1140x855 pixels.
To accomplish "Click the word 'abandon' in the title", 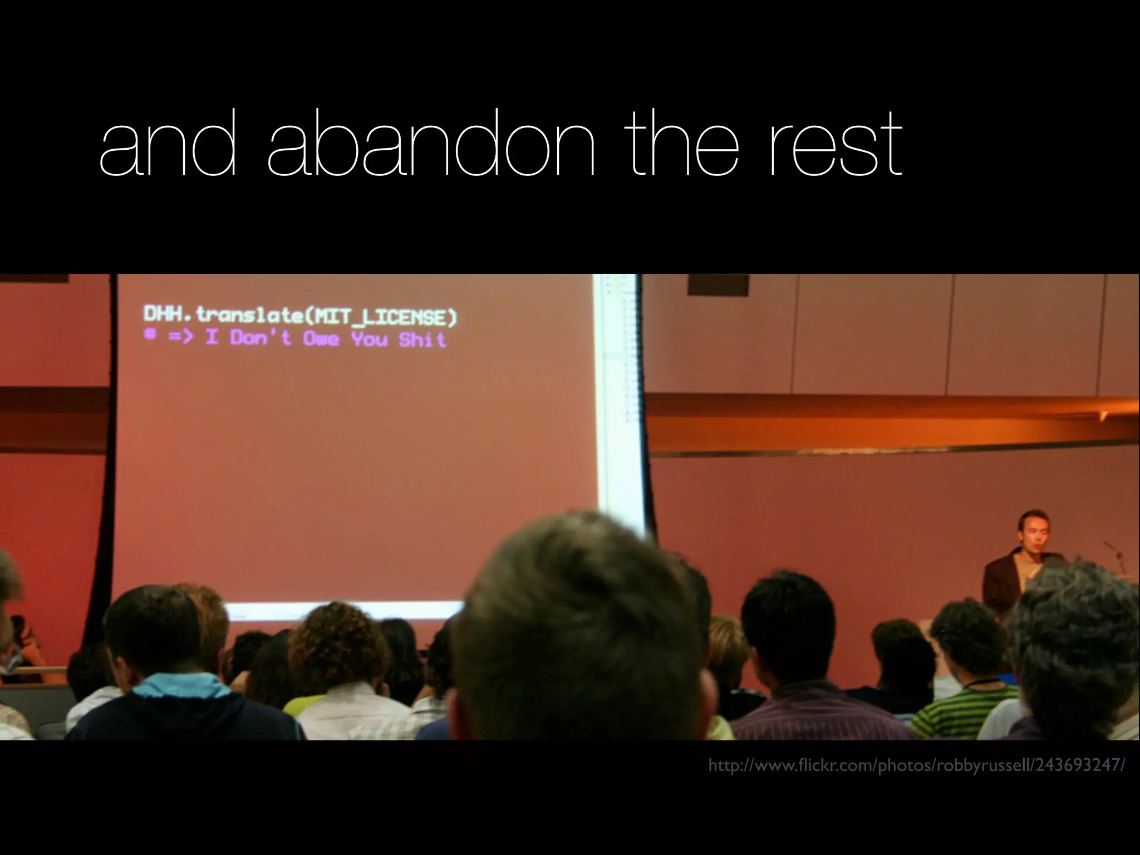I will click(x=431, y=143).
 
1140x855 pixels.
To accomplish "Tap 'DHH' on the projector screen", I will click(x=162, y=315).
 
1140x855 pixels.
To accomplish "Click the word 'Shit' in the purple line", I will click(x=422, y=340).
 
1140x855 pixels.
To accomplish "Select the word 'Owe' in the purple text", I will click(x=321, y=338).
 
